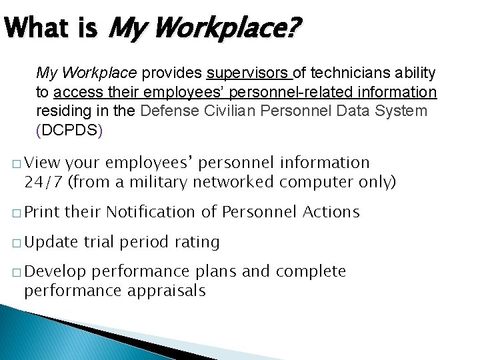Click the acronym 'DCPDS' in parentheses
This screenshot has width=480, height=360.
click(x=70, y=130)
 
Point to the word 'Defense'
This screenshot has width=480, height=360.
click(x=167, y=111)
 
